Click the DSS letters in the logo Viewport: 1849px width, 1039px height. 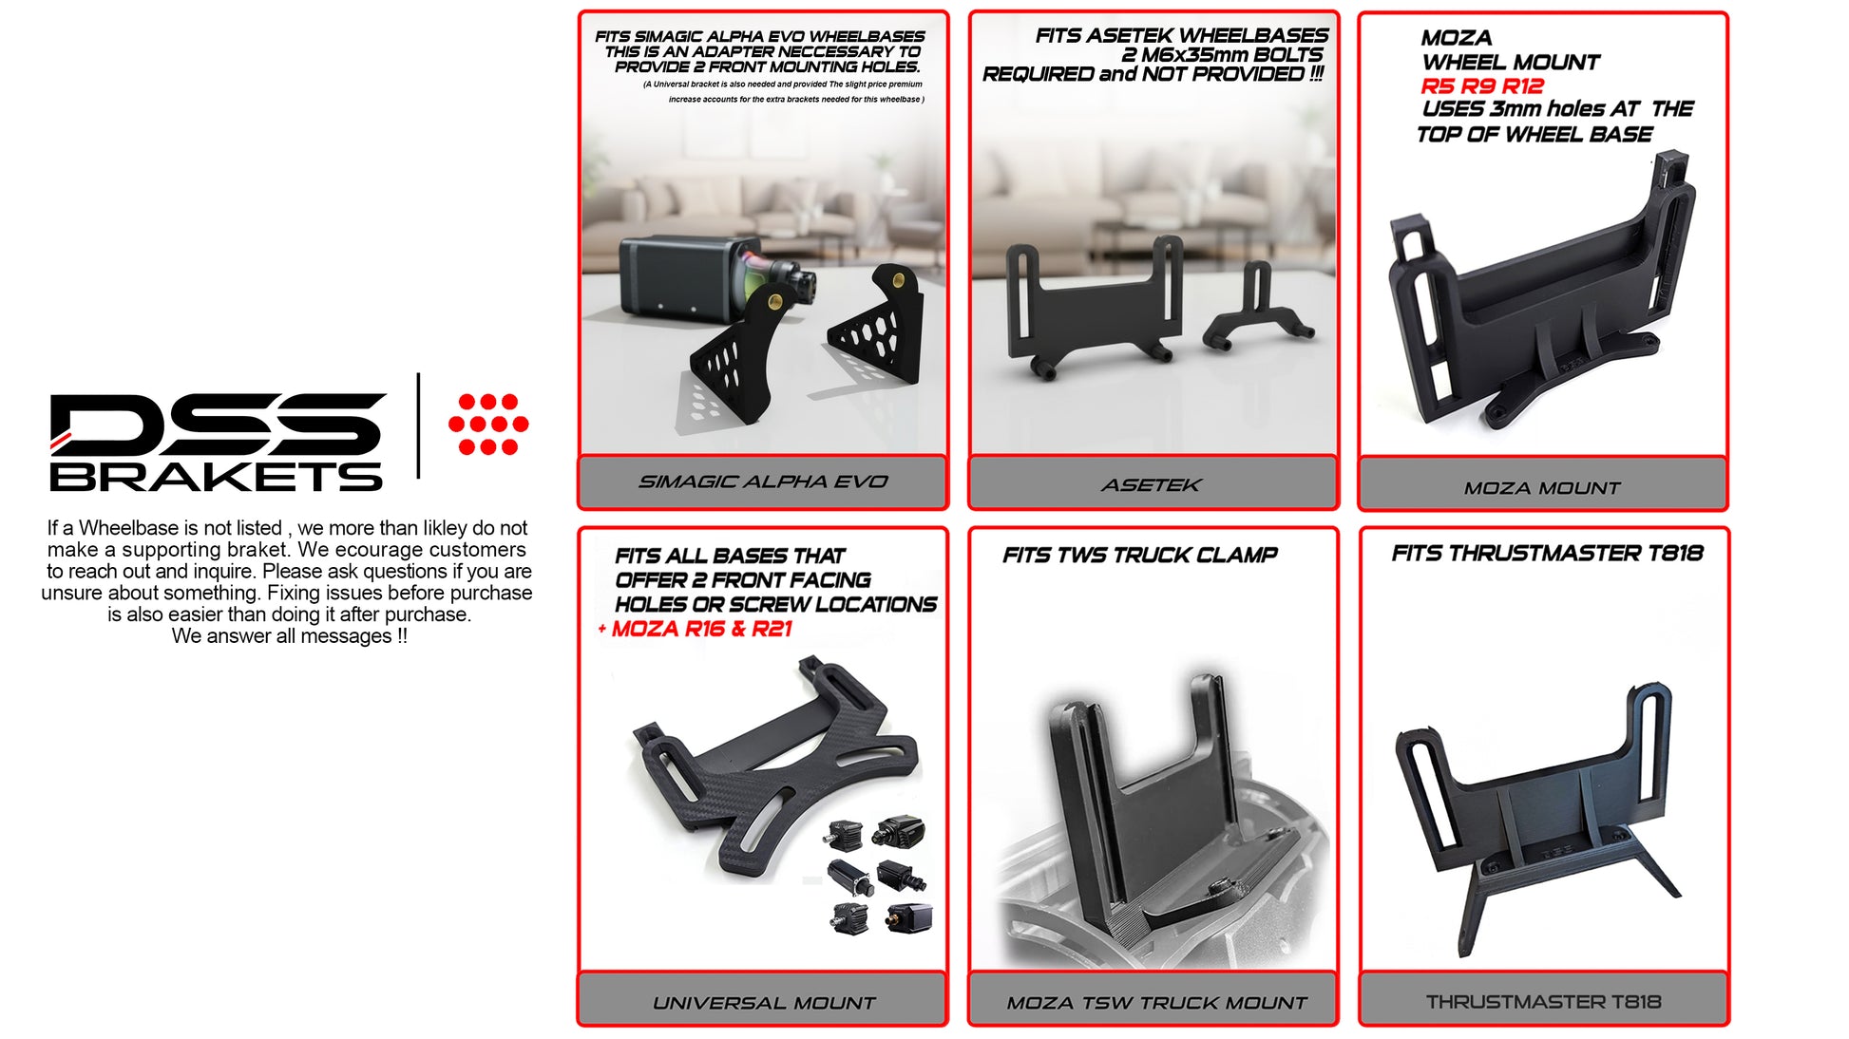(218, 424)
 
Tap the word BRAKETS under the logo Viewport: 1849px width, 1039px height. (216, 476)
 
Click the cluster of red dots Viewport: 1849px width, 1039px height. (488, 425)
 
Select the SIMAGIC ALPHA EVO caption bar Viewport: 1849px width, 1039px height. (763, 482)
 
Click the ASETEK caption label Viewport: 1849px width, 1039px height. (1152, 484)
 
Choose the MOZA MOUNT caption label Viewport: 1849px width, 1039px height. (1542, 488)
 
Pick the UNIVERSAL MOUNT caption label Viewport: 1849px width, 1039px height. (764, 1003)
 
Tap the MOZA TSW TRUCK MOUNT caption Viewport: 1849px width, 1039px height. (1156, 1003)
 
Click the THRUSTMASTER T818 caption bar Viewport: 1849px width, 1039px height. (1543, 999)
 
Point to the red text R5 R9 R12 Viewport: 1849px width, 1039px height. (1482, 85)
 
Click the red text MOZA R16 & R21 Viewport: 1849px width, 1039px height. (701, 629)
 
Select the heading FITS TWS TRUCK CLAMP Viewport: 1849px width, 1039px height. (1139, 555)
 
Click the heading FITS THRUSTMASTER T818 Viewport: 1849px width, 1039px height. (1547, 553)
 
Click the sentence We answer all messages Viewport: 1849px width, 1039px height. (289, 636)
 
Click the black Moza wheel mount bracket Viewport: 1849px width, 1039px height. (1540, 293)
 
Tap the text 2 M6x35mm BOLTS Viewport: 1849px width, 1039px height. (1222, 55)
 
